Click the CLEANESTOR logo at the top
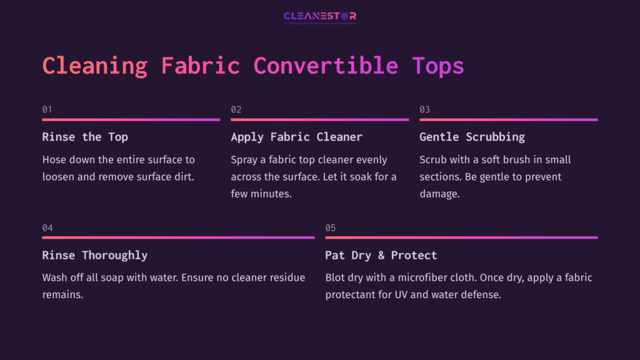tap(320, 17)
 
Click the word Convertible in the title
tap(326, 66)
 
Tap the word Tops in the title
tap(438, 66)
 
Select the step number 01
tap(47, 109)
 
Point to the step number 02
tap(236, 109)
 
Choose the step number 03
tap(425, 109)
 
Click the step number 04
tap(47, 227)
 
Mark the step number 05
tap(331, 227)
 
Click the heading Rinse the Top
tap(85, 137)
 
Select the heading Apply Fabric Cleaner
tap(297, 137)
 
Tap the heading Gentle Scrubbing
tap(472, 137)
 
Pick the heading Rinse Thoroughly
tap(95, 255)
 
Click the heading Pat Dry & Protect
tap(381, 255)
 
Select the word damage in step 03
tap(439, 194)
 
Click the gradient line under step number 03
tap(508, 119)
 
